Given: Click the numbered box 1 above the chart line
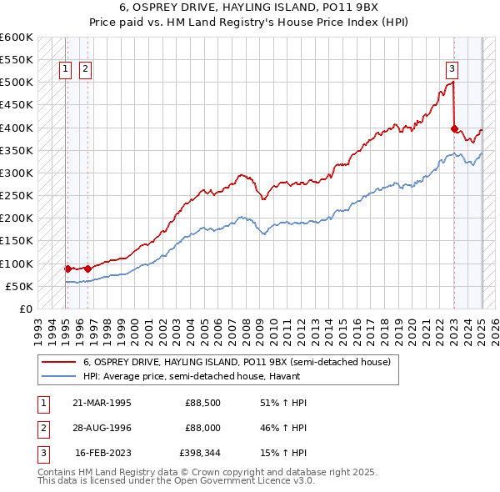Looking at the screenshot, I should pyautogui.click(x=66, y=70).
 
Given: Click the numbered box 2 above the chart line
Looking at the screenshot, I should pyautogui.click(x=86, y=70).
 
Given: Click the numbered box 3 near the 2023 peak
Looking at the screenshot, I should pyautogui.click(x=451, y=70).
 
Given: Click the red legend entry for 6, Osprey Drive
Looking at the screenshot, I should pyautogui.click(x=237, y=363).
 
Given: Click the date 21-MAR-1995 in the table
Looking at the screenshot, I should pyautogui.click(x=102, y=403).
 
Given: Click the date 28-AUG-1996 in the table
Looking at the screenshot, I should pyautogui.click(x=102, y=429).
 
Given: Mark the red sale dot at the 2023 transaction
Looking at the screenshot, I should pyautogui.click(x=454, y=128).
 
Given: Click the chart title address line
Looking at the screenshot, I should pyautogui.click(x=249, y=9).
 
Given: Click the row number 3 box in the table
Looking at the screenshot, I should pyautogui.click(x=42, y=454).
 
